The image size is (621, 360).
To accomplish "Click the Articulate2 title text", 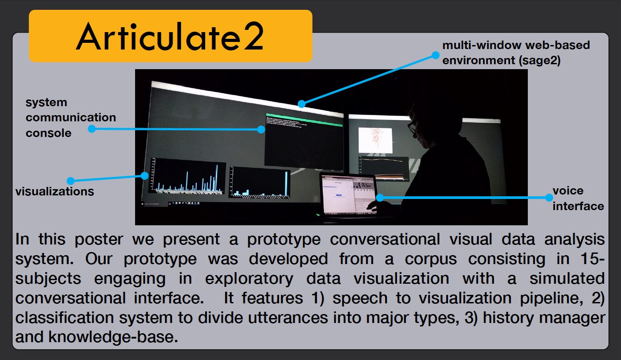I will pyautogui.click(x=170, y=37).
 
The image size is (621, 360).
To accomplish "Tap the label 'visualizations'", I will pyautogui.click(x=55, y=192).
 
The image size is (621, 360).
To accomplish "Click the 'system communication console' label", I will pyautogui.click(x=70, y=118).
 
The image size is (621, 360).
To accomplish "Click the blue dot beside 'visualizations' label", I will pyautogui.click(x=70, y=181).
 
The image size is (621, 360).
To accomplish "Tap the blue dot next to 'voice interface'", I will pyautogui.click(x=549, y=198).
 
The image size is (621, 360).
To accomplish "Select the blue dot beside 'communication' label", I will pyautogui.click(x=91, y=129).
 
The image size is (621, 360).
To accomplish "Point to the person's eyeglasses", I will pyautogui.click(x=412, y=127).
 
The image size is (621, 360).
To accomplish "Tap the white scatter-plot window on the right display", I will pyautogui.click(x=375, y=138).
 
